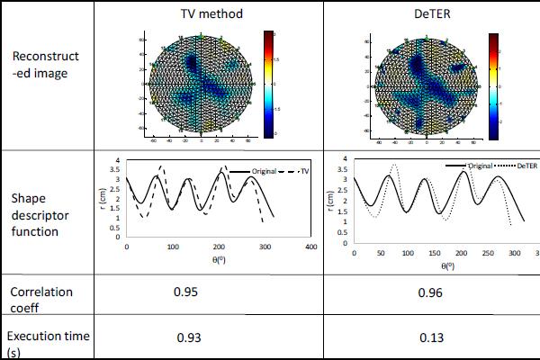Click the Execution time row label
[49, 343]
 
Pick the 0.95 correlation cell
[184, 292]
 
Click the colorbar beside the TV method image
[269, 85]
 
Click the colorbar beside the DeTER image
[492, 86]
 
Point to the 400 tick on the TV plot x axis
[310, 247]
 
